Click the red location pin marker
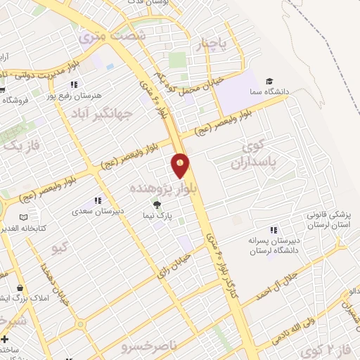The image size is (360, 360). [181, 165]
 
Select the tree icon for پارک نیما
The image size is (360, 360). [156, 204]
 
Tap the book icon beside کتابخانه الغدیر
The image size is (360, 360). [25, 218]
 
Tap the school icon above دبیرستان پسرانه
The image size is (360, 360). [274, 230]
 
